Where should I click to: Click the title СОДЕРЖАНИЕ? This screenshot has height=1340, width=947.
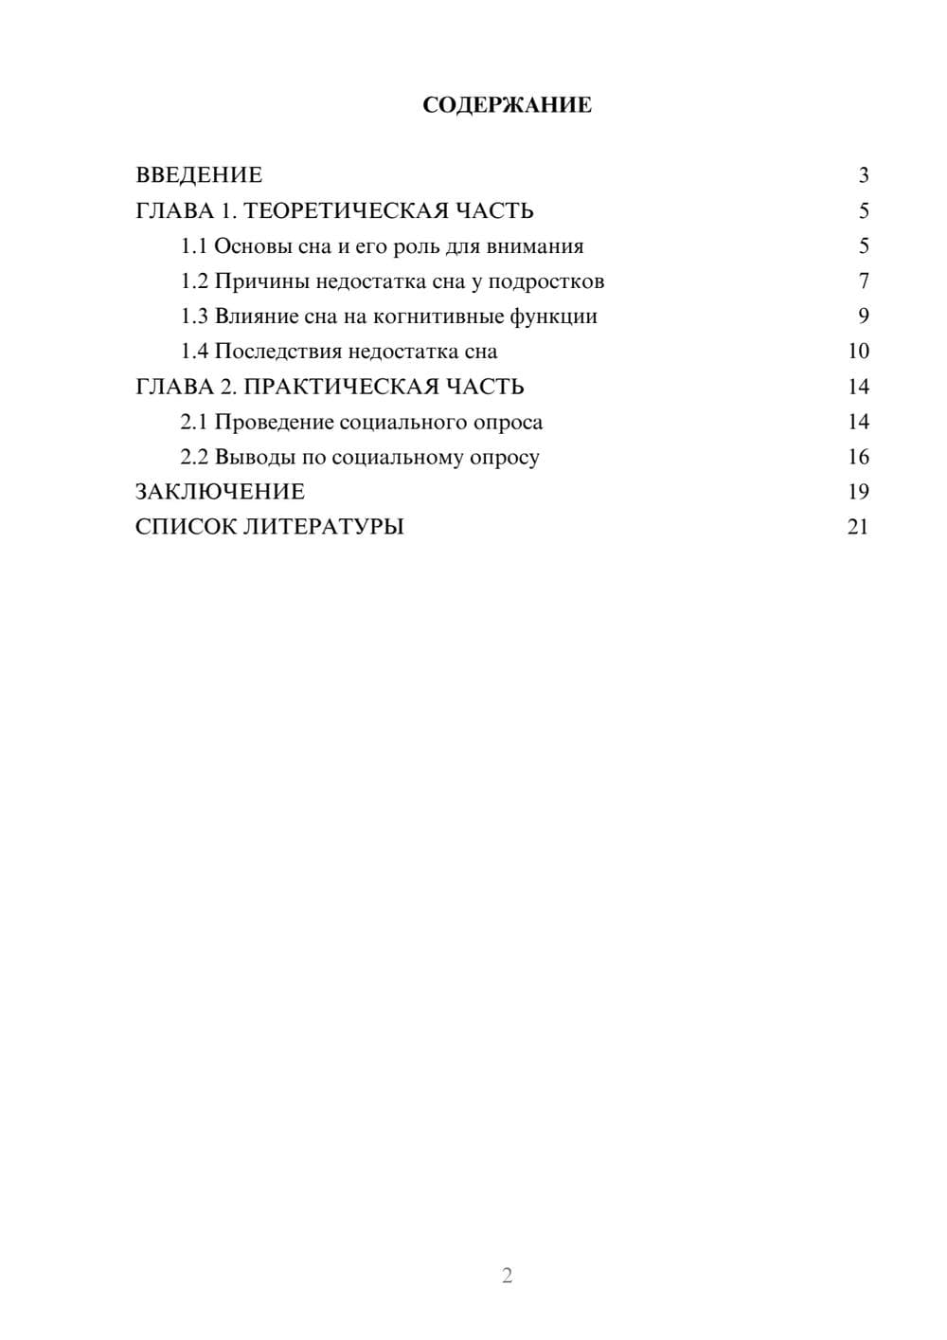click(x=507, y=105)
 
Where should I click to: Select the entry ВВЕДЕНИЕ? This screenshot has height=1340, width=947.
click(x=199, y=175)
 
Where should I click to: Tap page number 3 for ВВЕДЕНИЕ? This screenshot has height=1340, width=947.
click(x=863, y=175)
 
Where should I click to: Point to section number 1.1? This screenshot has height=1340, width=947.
click(x=194, y=246)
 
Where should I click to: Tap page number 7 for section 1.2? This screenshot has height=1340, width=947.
click(x=863, y=281)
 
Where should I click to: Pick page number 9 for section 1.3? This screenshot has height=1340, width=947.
click(x=863, y=317)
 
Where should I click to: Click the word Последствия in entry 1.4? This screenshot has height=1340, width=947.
click(x=277, y=352)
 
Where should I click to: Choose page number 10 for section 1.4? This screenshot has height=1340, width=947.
click(x=858, y=352)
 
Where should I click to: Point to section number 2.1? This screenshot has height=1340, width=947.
click(x=194, y=422)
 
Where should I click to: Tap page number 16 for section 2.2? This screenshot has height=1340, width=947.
click(x=858, y=457)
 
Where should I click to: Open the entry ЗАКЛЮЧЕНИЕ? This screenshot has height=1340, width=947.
click(x=220, y=492)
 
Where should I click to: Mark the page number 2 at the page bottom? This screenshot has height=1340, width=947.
click(x=507, y=1276)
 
